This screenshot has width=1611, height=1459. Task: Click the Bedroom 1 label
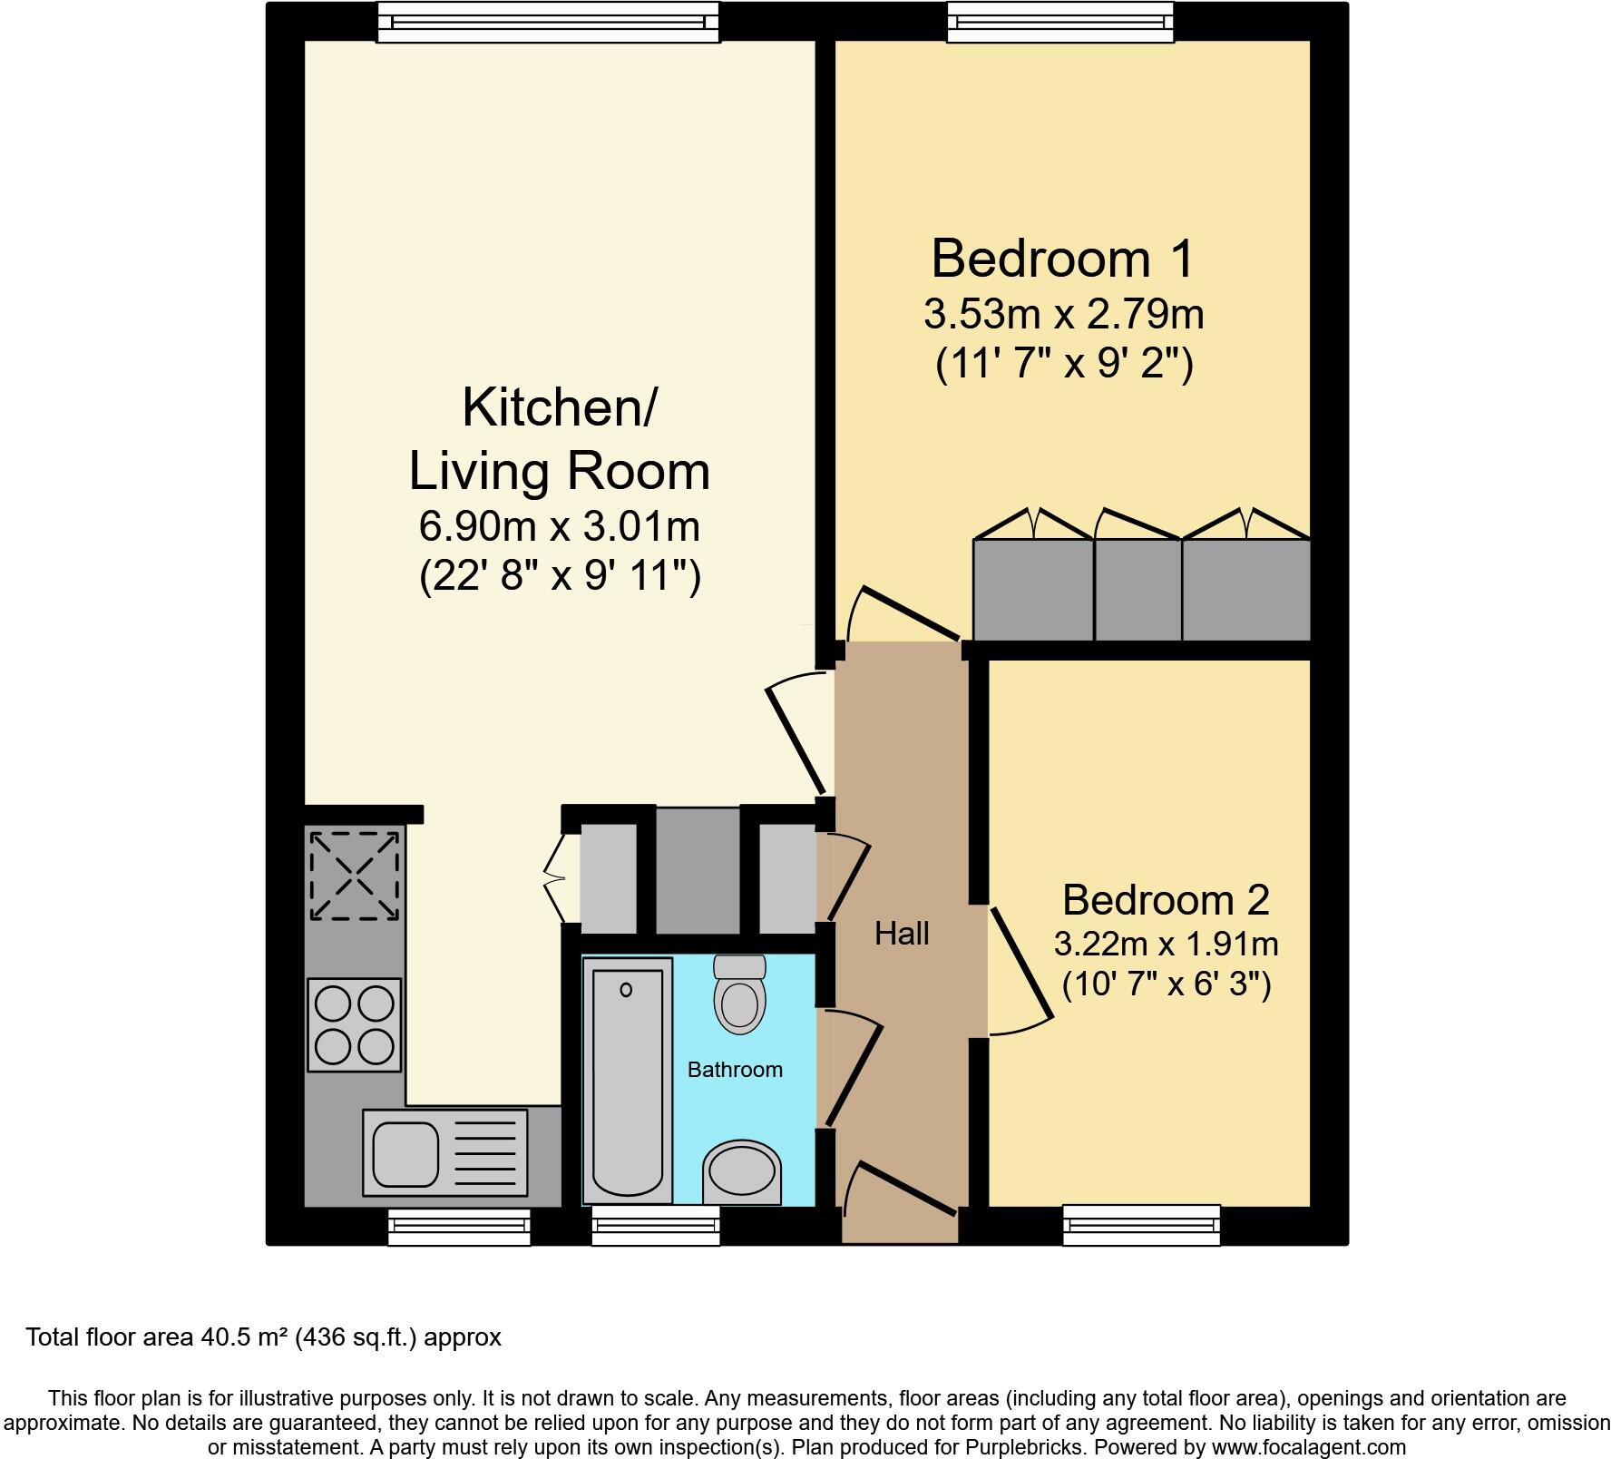coord(1063,259)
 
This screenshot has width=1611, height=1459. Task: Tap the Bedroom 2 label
coord(1165,900)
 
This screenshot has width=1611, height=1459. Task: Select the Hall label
coord(902,934)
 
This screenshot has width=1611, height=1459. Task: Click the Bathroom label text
coord(735,1070)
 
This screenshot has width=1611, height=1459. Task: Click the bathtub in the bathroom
coord(627,1080)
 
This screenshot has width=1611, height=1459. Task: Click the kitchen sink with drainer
coord(444,1151)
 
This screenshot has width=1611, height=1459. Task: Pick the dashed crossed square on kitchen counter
coord(354,876)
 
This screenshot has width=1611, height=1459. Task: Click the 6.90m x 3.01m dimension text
coord(559,526)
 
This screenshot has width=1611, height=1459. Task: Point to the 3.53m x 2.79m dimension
coord(1063,315)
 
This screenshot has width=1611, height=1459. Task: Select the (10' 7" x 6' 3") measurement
coord(1166,984)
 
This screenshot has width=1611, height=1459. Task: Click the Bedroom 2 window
coord(1141,1225)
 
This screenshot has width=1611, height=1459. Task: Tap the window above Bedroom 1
coord(1060,22)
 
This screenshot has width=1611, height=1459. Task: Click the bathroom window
coord(656,1226)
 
